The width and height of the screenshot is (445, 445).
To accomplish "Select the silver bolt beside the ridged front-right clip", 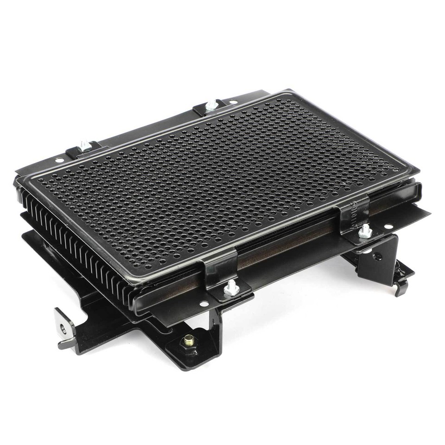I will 366,230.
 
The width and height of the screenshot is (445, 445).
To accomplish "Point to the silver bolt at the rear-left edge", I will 84,145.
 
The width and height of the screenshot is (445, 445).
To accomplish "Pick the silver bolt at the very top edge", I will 212,105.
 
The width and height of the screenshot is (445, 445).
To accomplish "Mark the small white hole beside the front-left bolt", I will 203,305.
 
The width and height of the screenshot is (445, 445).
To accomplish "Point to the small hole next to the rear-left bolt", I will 59,160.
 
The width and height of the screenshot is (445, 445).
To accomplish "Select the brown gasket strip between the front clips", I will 287,248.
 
